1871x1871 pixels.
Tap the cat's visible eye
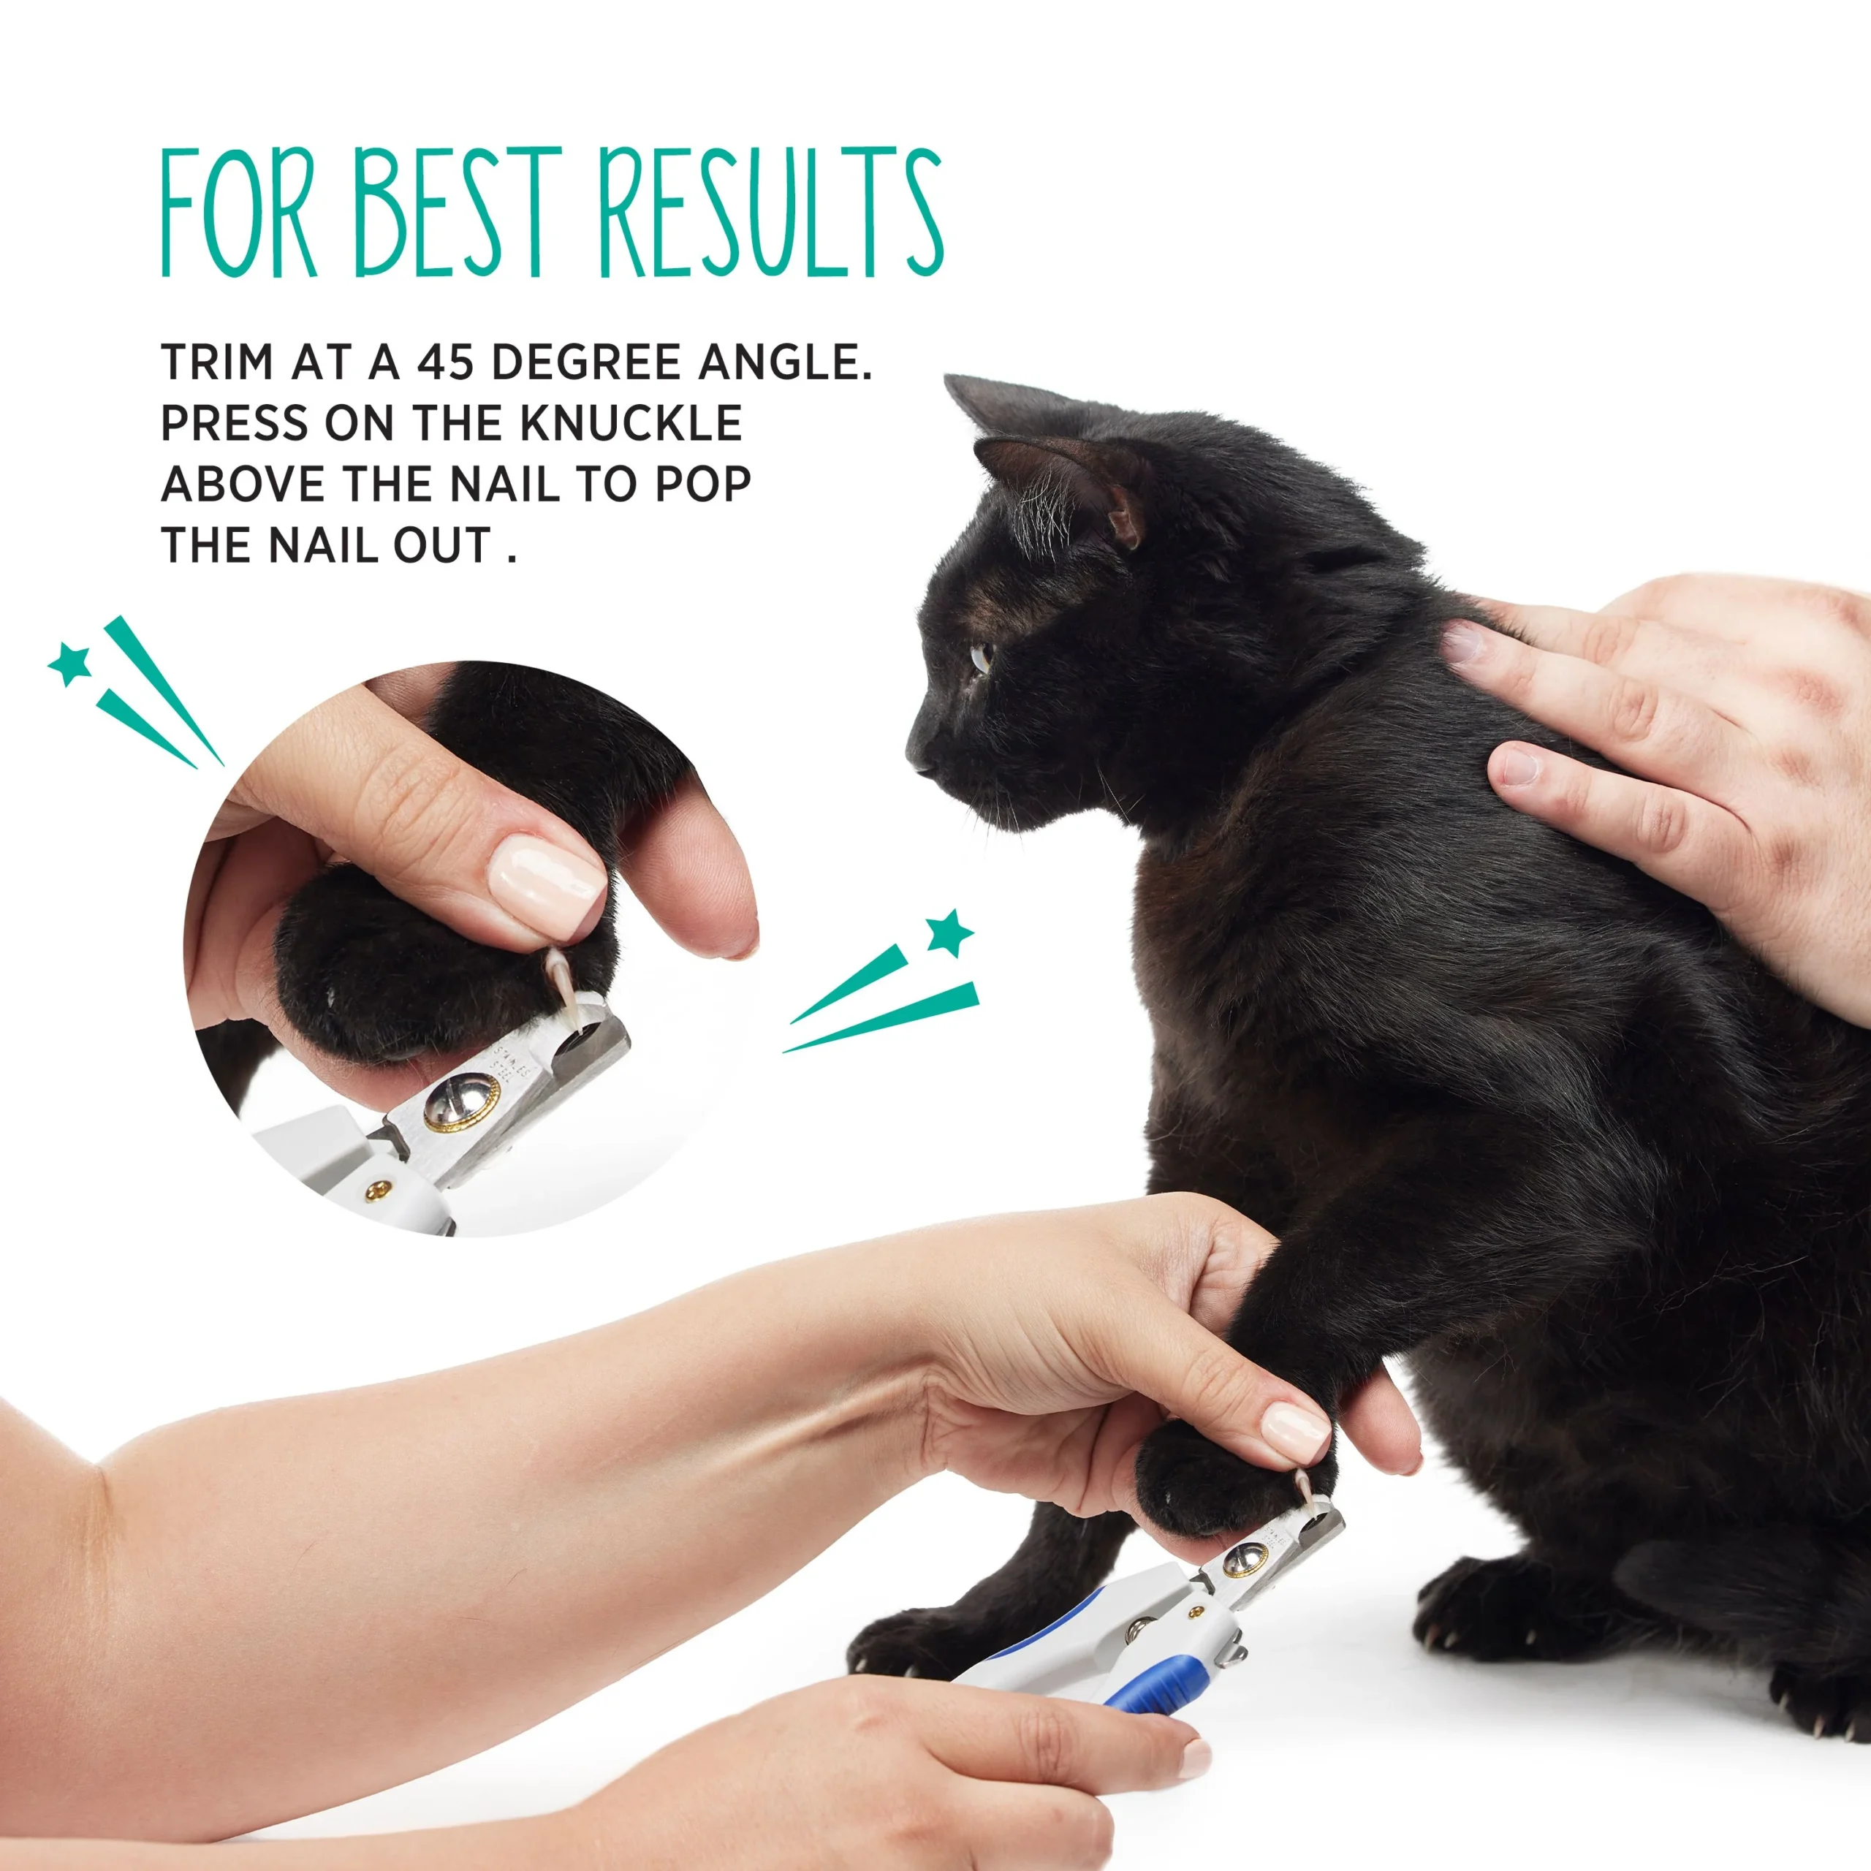coord(980,658)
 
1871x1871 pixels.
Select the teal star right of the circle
coord(948,933)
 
